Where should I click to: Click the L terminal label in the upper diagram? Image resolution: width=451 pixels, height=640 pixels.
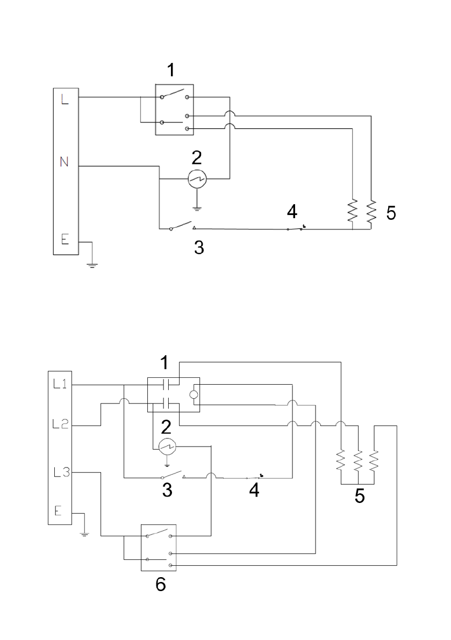point(65,99)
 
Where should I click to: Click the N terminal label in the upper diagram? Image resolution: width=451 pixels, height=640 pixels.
point(64,162)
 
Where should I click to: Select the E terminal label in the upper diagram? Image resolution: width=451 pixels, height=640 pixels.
point(65,239)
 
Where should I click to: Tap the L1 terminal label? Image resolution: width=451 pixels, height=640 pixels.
point(60,384)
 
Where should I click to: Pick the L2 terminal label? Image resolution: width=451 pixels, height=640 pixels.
point(60,425)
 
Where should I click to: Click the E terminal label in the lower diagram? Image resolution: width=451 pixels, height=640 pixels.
point(59,510)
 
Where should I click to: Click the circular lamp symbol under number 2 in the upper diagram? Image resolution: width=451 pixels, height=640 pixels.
point(197,178)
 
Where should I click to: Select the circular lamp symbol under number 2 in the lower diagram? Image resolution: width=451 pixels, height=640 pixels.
point(167,447)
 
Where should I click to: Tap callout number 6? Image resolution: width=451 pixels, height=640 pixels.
point(161,585)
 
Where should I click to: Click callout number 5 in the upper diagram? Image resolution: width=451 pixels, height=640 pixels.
point(391,213)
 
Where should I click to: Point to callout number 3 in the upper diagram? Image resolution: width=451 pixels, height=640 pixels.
point(199,247)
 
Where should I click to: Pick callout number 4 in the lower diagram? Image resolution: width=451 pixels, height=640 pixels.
point(254,490)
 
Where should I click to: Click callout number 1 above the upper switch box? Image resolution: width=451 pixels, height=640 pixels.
point(171,70)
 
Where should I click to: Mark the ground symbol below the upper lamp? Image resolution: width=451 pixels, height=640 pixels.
point(197,208)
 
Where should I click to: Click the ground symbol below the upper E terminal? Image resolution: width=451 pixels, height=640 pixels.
point(92,265)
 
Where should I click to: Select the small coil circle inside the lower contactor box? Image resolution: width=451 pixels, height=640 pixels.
point(194,394)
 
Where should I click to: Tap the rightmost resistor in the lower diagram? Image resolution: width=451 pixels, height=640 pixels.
point(374,461)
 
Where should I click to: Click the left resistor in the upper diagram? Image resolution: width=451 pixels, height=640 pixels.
point(352,211)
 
